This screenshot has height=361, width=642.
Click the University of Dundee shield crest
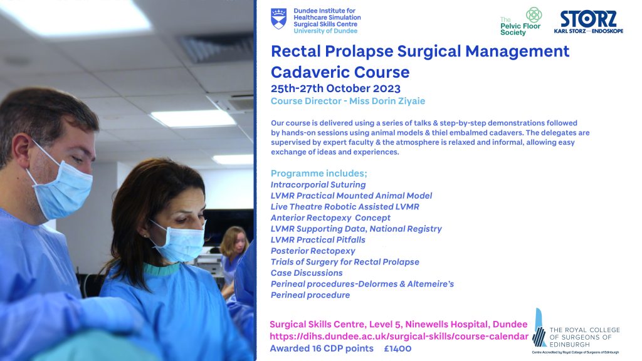pyautogui.click(x=278, y=19)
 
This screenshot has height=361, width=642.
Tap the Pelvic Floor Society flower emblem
pyautogui.click(x=534, y=15)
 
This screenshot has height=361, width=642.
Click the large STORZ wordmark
pyautogui.click(x=588, y=19)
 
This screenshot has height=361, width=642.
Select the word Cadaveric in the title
pyautogui.click(x=312, y=72)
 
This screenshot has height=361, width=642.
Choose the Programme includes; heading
pyautogui.click(x=319, y=173)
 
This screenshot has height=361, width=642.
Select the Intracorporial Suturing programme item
pyautogui.click(x=318, y=185)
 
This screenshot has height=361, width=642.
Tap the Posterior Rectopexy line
pyautogui.click(x=313, y=251)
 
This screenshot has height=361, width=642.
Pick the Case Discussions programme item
pyautogui.click(x=307, y=273)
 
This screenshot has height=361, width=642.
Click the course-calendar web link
pyautogui.click(x=399, y=337)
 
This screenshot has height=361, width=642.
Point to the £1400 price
pyautogui.click(x=397, y=348)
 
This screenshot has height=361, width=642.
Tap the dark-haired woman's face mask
pyautogui.click(x=179, y=241)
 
